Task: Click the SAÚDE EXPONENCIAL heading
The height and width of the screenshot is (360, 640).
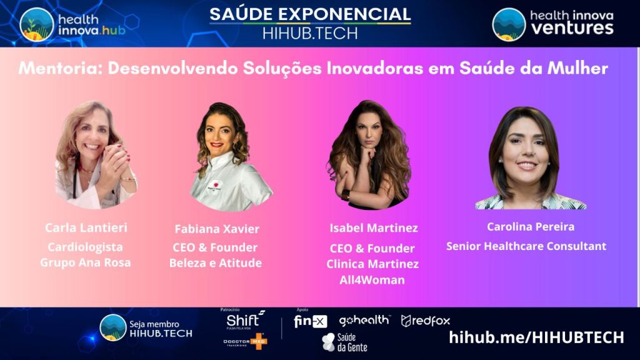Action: coord(310,14)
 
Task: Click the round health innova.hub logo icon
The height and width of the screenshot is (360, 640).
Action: coord(37,24)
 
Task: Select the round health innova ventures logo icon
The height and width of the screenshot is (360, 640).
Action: coord(509,24)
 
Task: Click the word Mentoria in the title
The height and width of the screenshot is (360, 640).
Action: coord(59,68)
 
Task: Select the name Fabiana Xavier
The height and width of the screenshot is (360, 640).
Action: coord(216,229)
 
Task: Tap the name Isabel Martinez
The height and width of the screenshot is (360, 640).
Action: coord(373,227)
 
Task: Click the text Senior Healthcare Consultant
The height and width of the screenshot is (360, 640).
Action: coord(526,246)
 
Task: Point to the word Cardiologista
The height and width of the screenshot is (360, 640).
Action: coord(86,246)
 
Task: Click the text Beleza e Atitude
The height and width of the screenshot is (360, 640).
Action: coord(216,262)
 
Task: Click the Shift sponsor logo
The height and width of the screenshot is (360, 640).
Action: coord(244,319)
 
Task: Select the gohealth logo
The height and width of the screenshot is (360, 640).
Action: coord(364,321)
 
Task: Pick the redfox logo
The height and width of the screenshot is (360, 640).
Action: coord(426,321)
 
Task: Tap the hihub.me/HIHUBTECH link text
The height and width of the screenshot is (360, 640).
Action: coord(536,337)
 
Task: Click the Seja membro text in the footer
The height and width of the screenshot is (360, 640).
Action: coord(154,324)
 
